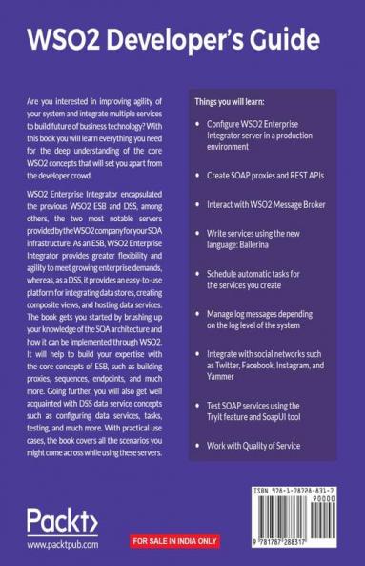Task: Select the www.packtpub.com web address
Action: (62, 545)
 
